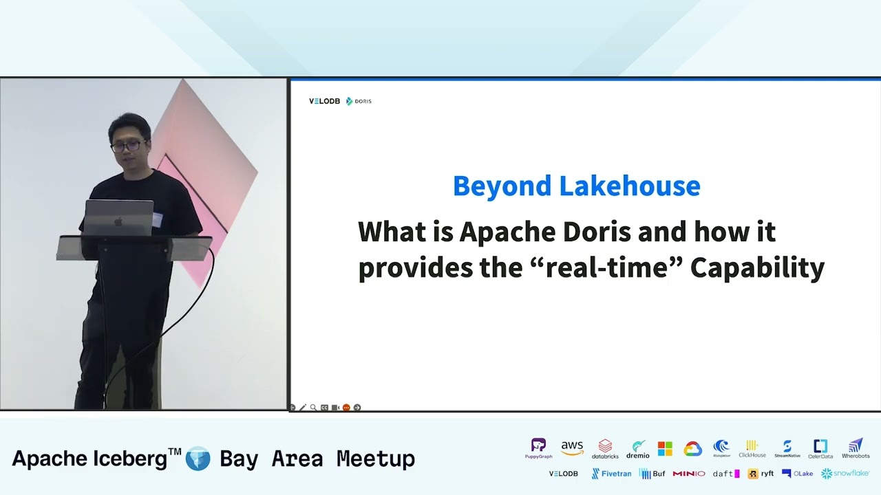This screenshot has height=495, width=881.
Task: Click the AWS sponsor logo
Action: pyautogui.click(x=572, y=448)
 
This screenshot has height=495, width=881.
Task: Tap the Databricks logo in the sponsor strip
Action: pyautogui.click(x=605, y=448)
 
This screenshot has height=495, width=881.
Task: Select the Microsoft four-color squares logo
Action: pyautogui.click(x=665, y=449)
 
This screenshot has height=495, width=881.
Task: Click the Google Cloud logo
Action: pyautogui.click(x=692, y=449)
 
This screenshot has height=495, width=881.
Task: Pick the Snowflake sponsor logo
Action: pyautogui.click(x=845, y=474)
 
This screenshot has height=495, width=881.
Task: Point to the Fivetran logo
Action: pyautogui.click(x=611, y=474)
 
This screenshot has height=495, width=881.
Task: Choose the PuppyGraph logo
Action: pyautogui.click(x=538, y=448)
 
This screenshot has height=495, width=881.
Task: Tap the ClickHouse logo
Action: pyautogui.click(x=752, y=448)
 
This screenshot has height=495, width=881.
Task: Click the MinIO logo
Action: pyautogui.click(x=689, y=474)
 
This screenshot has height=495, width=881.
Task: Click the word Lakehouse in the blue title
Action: pyautogui.click(x=629, y=186)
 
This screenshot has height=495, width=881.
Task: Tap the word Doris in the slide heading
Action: pyautogui.click(x=597, y=232)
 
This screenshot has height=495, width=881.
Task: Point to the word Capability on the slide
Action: pyautogui.click(x=757, y=267)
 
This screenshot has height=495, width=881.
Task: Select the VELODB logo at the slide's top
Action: pyautogui.click(x=324, y=101)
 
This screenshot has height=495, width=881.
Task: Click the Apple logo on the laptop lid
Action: pyautogui.click(x=118, y=221)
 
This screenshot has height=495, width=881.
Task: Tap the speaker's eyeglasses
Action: pyautogui.click(x=128, y=146)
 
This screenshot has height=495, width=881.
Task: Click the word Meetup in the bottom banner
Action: pyautogui.click(x=376, y=459)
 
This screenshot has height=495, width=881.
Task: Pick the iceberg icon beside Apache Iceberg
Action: pyautogui.click(x=198, y=459)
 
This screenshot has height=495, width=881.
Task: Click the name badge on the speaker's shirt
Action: pyautogui.click(x=158, y=219)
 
